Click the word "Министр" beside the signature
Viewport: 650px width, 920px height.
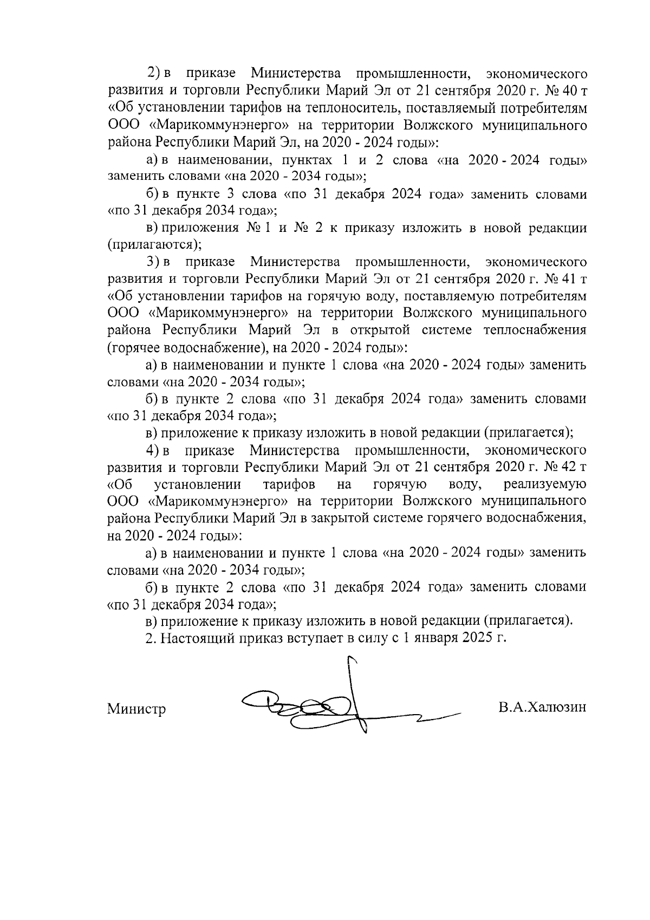coord(136,709)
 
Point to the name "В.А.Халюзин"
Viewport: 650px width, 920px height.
coord(543,708)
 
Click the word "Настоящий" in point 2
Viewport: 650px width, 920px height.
coord(196,637)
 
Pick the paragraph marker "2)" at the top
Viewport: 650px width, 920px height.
coord(156,73)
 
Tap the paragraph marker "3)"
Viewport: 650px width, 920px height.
coord(156,262)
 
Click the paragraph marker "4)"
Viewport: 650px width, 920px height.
coord(156,450)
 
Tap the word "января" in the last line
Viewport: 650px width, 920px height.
coord(433,637)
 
